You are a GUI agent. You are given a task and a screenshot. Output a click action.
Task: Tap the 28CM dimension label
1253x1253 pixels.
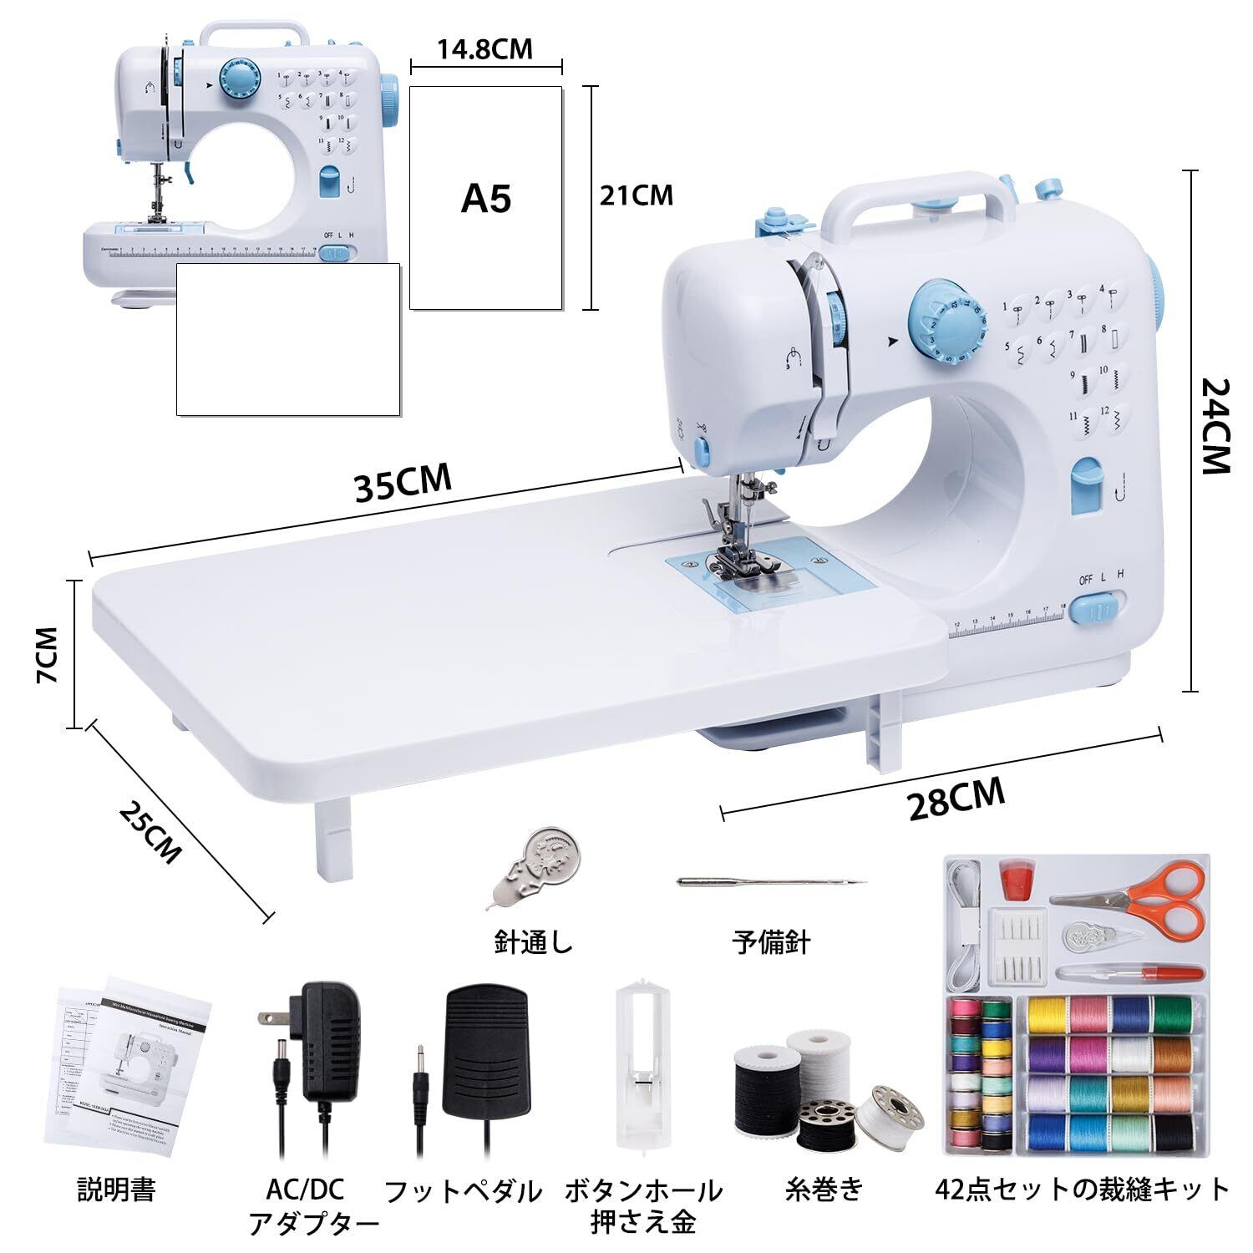pyautogui.click(x=956, y=799)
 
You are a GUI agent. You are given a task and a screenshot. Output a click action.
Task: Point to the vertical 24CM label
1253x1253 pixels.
pyautogui.click(x=1215, y=425)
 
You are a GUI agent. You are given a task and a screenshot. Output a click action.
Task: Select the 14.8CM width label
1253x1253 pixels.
pyautogui.click(x=484, y=49)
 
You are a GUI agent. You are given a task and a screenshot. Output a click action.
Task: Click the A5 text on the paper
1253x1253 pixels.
pyautogui.click(x=485, y=199)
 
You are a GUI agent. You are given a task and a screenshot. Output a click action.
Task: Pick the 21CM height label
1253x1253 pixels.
pyautogui.click(x=636, y=195)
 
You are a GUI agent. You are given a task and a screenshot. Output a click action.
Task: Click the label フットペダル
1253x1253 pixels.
pyautogui.click(x=462, y=1191)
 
